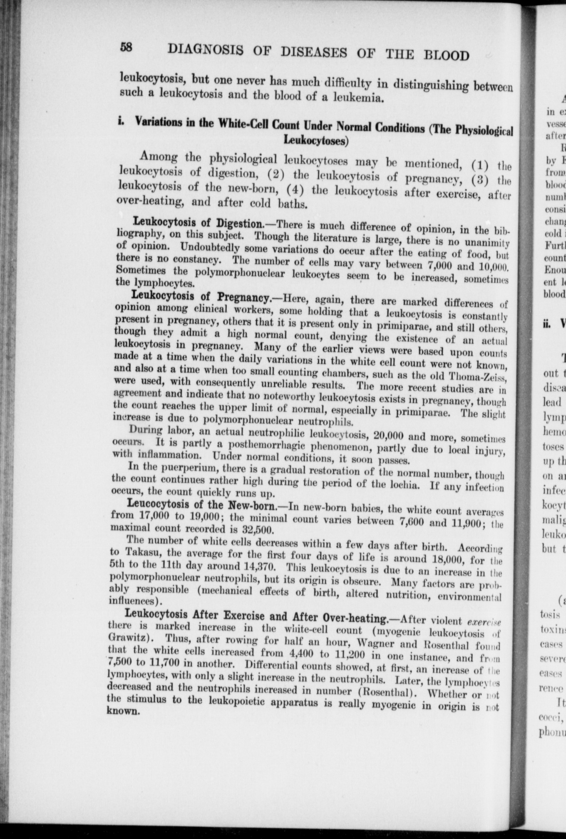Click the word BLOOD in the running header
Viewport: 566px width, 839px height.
446,56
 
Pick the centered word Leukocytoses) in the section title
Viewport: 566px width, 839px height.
315,140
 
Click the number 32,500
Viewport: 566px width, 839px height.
257,531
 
